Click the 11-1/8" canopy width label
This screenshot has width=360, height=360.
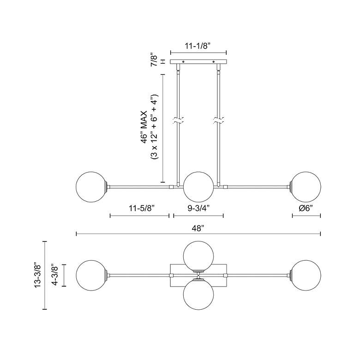coord(198,46)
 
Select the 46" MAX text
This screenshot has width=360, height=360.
coord(144,127)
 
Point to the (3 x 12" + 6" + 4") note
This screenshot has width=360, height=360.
coord(154,127)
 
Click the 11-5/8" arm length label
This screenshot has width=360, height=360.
coord(141,208)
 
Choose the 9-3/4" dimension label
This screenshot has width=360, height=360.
coord(199,208)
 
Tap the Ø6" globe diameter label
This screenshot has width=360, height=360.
coord(306,208)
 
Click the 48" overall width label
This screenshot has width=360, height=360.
coord(198,228)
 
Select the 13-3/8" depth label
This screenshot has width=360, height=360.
coord(37,275)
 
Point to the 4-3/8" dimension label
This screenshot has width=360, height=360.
coord(55,275)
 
